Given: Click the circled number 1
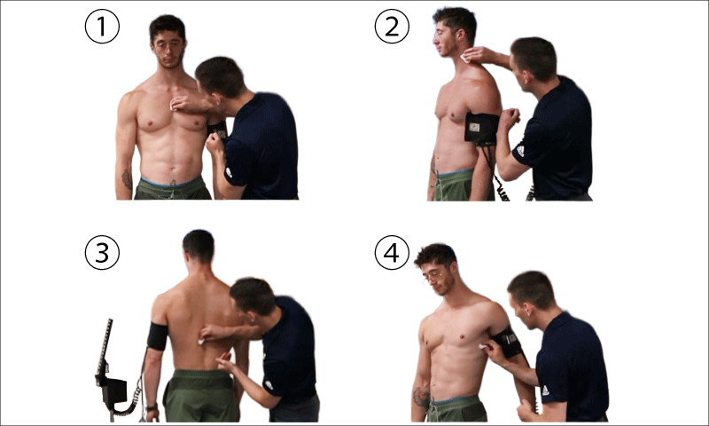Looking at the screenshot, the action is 102,27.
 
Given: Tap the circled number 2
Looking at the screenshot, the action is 392,27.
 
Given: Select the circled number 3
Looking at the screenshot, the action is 102,253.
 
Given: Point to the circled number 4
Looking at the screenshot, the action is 392,253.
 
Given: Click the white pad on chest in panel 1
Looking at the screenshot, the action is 172,107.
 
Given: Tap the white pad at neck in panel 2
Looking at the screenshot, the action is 464,59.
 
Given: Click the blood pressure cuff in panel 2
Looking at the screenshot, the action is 481,129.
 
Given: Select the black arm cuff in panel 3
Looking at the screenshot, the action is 158,336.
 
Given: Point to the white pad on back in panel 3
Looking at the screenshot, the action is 201,342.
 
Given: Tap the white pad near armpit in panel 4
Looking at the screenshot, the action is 483,347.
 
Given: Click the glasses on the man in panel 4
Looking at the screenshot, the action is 432,277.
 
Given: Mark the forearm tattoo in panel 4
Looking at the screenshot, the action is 422,397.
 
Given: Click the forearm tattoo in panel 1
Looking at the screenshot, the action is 127,180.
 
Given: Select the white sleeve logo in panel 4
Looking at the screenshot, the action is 545,390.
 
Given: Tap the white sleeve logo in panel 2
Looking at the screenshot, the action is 520,151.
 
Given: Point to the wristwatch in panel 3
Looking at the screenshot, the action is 152,407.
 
